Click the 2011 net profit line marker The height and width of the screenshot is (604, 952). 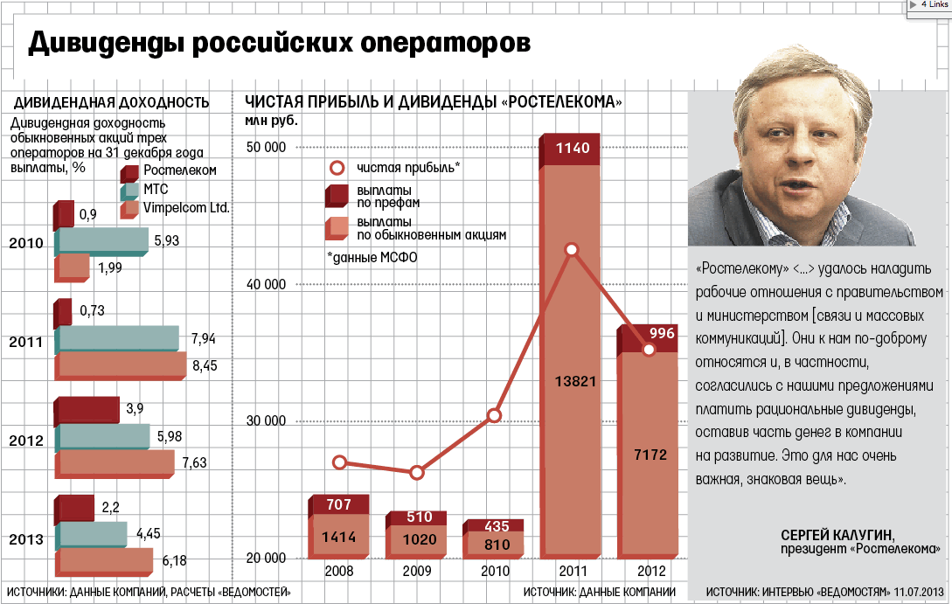pos(571,250)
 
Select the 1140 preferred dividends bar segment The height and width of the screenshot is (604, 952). pos(571,149)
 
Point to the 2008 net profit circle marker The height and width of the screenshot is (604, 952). pos(340,462)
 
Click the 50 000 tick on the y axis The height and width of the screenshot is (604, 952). pos(266,147)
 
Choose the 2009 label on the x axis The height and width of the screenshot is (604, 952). pos(417,572)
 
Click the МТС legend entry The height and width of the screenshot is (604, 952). pos(156,189)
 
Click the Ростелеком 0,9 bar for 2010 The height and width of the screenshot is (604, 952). pos(64,214)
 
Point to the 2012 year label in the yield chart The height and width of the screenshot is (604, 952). pos(25,441)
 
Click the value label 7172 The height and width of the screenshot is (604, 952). pos(649,455)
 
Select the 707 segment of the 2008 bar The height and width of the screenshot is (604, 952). pos(339,505)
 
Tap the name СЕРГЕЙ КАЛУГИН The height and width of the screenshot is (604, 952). pos(839,534)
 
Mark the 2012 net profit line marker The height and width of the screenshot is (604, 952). pos(649,350)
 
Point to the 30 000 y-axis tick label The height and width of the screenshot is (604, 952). pos(266,420)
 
